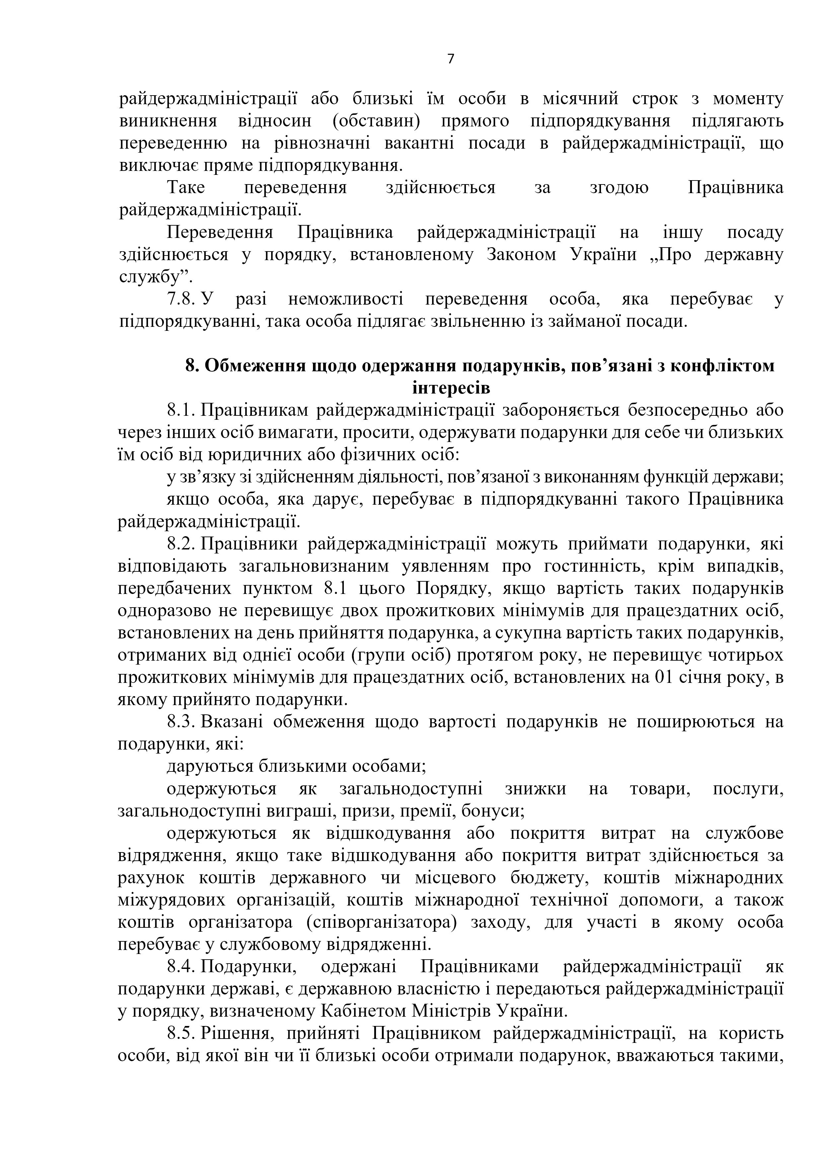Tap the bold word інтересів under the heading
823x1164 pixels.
click(451, 388)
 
